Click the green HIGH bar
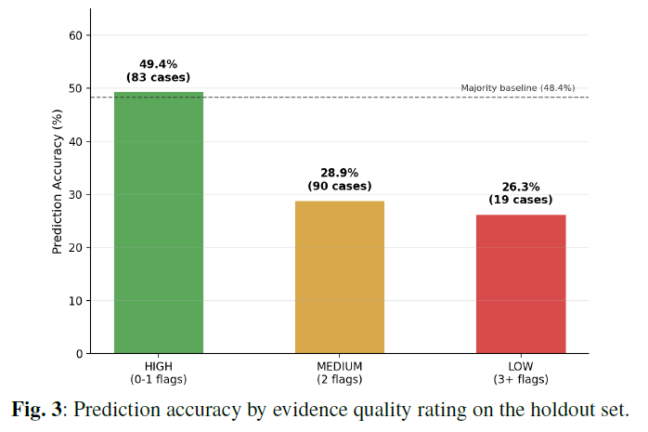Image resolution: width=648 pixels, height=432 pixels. click(x=159, y=223)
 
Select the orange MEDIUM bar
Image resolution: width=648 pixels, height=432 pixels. click(x=340, y=278)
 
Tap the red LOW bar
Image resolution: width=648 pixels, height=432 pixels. click(x=521, y=284)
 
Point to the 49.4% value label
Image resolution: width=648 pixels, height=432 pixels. click(x=158, y=64)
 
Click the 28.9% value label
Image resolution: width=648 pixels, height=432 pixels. click(x=339, y=173)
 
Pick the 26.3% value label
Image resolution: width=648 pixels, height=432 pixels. click(x=521, y=187)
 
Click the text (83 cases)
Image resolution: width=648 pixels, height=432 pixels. click(x=158, y=77)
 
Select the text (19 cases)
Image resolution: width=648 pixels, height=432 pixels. click(x=521, y=200)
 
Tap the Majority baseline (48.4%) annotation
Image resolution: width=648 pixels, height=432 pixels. click(x=518, y=88)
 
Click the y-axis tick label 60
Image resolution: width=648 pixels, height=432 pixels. click(x=75, y=35)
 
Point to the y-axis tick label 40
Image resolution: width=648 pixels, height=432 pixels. click(x=75, y=142)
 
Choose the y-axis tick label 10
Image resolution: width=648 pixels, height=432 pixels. click(x=75, y=301)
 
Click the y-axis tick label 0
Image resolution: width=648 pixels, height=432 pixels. click(x=79, y=354)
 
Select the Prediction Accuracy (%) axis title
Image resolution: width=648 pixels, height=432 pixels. click(x=57, y=181)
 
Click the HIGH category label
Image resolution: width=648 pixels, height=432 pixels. click(x=159, y=367)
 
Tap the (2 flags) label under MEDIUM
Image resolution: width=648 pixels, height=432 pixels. click(x=340, y=379)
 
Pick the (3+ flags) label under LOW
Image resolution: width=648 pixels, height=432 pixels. click(x=521, y=379)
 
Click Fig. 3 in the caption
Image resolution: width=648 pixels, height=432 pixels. click(x=36, y=410)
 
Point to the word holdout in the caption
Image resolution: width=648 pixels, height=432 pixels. click(x=557, y=410)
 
